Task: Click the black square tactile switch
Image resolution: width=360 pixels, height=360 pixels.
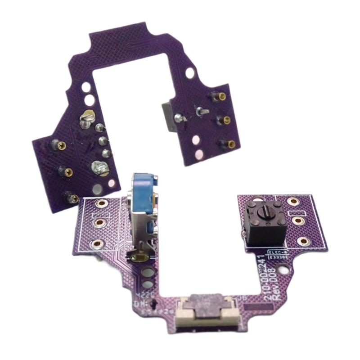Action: [264, 221]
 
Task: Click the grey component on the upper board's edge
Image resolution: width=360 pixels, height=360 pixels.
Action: [168, 117]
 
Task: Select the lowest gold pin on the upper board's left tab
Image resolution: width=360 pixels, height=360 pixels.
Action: [71, 197]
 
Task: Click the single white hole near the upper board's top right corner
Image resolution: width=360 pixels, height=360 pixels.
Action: [192, 72]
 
